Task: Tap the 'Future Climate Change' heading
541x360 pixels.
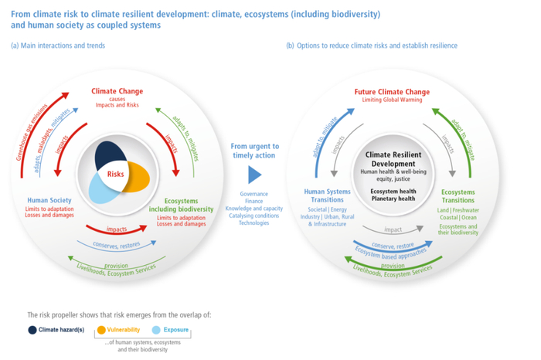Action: coord(392,92)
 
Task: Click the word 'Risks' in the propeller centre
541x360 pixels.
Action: coord(116,174)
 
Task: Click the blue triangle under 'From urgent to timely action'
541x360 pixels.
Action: coord(254,174)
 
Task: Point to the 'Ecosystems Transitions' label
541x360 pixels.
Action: coord(458,196)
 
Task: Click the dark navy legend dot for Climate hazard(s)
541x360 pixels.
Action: coord(33,330)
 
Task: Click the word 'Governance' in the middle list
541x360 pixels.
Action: coord(253,194)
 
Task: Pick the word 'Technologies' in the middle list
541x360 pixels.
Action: coord(253,223)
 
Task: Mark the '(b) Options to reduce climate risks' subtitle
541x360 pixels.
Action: coord(371,46)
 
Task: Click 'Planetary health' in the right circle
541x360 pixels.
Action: coord(391,199)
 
